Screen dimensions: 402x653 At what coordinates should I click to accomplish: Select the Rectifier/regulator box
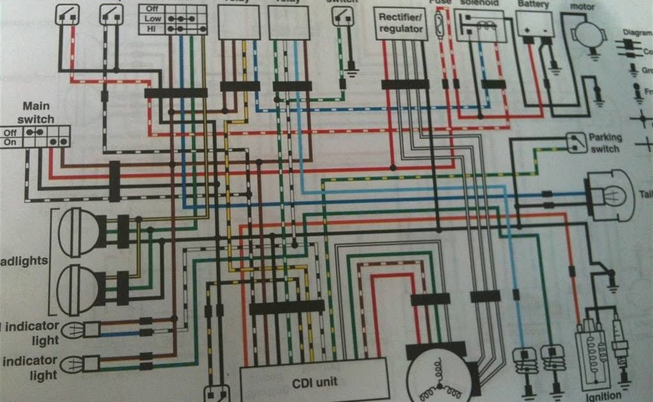pyautogui.click(x=400, y=24)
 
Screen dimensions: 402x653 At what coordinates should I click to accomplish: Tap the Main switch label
pyautogui.click(x=38, y=113)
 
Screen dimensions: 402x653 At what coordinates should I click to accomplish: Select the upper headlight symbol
pyautogui.click(x=79, y=231)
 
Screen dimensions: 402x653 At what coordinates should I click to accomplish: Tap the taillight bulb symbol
pyautogui.click(x=609, y=195)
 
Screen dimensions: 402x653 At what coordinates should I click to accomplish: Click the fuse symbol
pyautogui.click(x=439, y=25)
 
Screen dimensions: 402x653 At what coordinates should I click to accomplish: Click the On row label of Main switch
pyautogui.click(x=10, y=142)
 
